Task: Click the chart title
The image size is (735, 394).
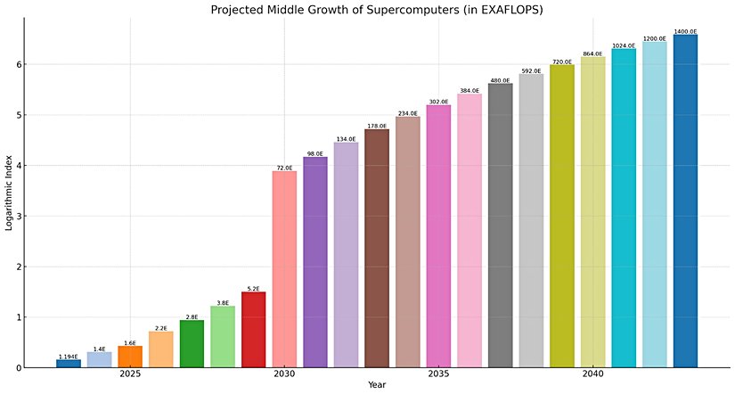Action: pos(368,10)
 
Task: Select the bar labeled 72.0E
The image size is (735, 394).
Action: pos(284,268)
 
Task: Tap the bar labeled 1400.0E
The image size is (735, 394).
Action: pos(685,201)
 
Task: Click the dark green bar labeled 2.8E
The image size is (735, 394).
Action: pos(192,344)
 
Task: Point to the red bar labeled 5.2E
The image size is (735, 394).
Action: pos(253,330)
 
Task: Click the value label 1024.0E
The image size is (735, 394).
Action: pos(624,45)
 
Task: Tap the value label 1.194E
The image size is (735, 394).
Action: pos(69,357)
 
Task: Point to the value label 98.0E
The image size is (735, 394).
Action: pos(315,153)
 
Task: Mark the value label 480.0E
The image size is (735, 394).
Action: pos(500,80)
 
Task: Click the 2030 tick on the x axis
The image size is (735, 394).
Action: pos(284,374)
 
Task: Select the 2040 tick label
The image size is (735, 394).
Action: pos(592,374)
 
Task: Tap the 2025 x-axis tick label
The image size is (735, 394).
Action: pos(130,374)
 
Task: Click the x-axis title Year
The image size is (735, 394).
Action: pos(377,386)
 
